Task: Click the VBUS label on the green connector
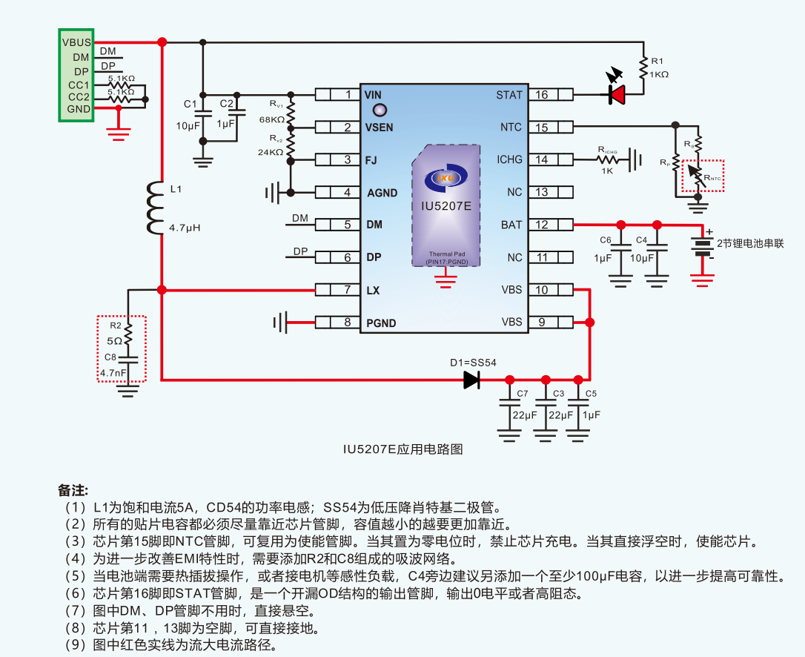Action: pyautogui.click(x=76, y=43)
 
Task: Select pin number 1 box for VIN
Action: pyautogui.click(x=348, y=94)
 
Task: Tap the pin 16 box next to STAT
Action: pyautogui.click(x=542, y=94)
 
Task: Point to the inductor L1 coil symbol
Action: pyautogui.click(x=154, y=208)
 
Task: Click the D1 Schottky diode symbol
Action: pyautogui.click(x=471, y=380)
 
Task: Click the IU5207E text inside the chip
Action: pyautogui.click(x=445, y=206)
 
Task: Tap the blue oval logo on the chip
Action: pyautogui.click(x=445, y=178)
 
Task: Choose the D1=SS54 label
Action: pyautogui.click(x=473, y=363)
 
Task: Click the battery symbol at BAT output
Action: pyautogui.click(x=701, y=245)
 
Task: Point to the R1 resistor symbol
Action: pyautogui.click(x=644, y=67)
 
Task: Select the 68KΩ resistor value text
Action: pyautogui.click(x=272, y=119)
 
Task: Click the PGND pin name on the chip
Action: pyautogui.click(x=381, y=323)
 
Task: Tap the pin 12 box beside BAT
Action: pyautogui.click(x=542, y=225)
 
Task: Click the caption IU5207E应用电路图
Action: pyautogui.click(x=402, y=449)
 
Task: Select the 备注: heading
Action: pyautogui.click(x=73, y=491)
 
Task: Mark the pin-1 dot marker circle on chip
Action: pyautogui.click(x=379, y=110)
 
